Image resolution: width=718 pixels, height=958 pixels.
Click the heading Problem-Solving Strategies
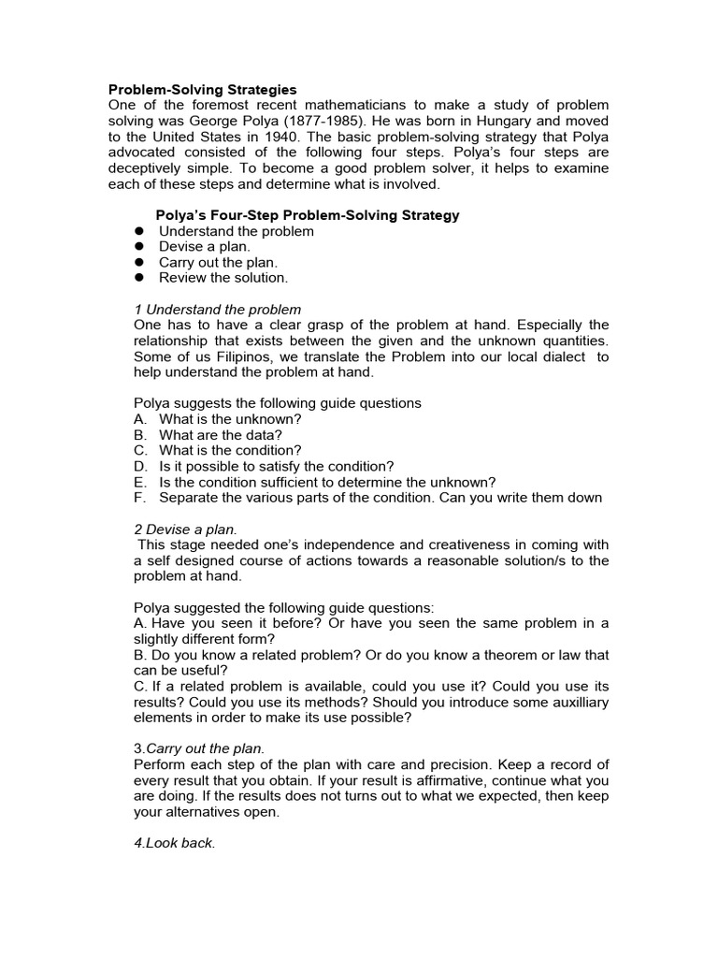(x=203, y=90)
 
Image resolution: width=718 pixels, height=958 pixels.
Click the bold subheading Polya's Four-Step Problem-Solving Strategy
(x=308, y=215)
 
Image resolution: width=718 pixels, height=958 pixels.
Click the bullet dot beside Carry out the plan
(x=138, y=263)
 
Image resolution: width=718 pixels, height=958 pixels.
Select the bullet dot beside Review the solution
(x=138, y=278)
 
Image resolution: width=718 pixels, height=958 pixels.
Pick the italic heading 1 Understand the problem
(x=218, y=310)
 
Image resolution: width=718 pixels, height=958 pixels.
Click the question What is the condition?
(x=230, y=451)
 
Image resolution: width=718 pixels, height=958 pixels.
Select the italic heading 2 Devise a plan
(x=185, y=530)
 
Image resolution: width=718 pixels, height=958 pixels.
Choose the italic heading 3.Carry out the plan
(x=200, y=748)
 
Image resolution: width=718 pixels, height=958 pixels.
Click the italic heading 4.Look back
(x=175, y=843)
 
